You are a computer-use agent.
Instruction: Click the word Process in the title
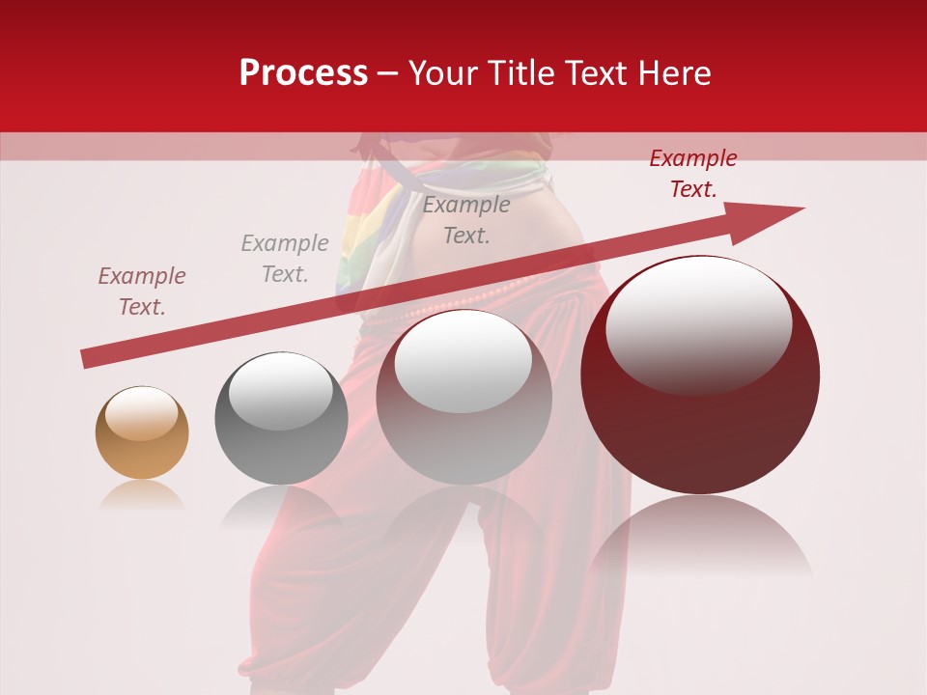click(x=303, y=73)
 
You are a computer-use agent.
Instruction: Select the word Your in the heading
click(x=442, y=73)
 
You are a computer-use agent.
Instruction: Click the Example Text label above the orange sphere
click(x=142, y=291)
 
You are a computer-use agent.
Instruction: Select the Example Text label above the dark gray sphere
click(x=285, y=259)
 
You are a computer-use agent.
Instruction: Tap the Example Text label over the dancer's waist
click(x=466, y=219)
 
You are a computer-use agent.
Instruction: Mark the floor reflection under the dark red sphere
click(x=700, y=541)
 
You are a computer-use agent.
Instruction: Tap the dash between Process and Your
click(x=388, y=73)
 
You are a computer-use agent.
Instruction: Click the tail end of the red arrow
click(x=87, y=359)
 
